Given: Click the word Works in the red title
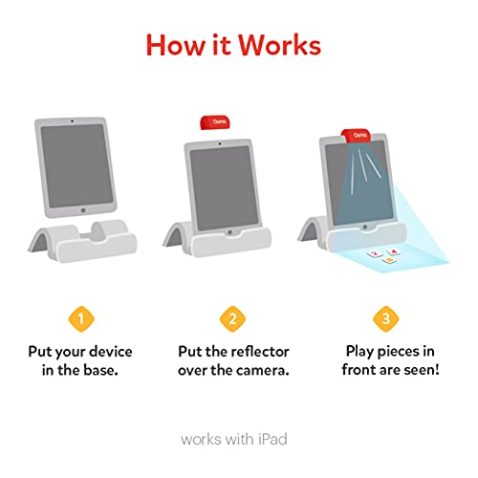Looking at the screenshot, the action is click(279, 45).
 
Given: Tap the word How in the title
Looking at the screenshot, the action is click(176, 45).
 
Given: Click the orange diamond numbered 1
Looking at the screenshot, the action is click(81, 318).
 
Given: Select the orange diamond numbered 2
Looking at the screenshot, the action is click(233, 318).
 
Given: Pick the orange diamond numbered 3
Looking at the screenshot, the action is click(386, 318).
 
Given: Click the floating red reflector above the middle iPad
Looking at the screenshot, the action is click(215, 122).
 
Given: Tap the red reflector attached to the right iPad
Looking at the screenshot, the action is click(356, 136).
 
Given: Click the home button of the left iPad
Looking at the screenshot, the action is click(83, 210).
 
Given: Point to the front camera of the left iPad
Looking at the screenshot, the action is click(72, 121).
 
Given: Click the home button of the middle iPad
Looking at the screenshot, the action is click(230, 232).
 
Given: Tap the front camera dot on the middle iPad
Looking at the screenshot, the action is click(220, 143).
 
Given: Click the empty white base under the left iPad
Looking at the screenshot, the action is click(82, 241).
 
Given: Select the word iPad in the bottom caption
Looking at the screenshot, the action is click(272, 439).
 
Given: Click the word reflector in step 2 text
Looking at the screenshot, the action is click(260, 352).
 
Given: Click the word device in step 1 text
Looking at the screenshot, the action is click(111, 352).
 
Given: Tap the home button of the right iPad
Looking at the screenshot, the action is click(365, 227).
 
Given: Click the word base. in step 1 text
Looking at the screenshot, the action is click(100, 370).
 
